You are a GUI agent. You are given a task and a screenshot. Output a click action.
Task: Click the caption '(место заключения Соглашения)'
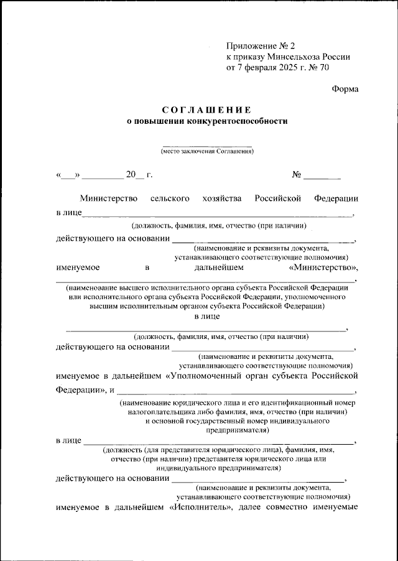207,151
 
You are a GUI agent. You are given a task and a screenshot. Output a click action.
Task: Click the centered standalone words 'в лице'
207,317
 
